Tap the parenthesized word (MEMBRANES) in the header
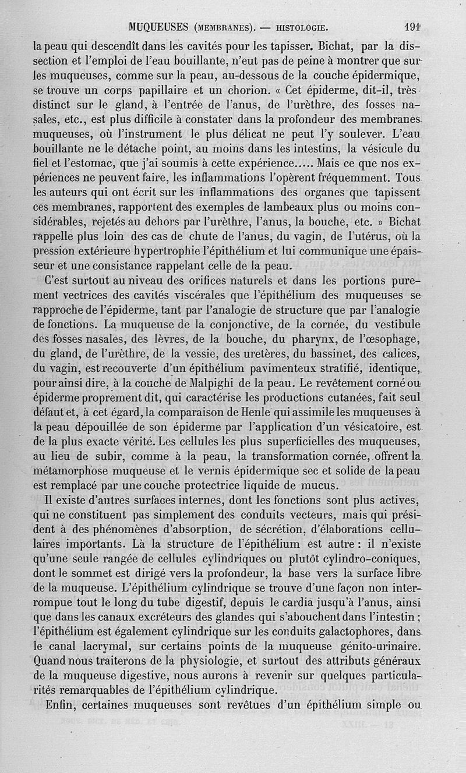coord(223,27)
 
